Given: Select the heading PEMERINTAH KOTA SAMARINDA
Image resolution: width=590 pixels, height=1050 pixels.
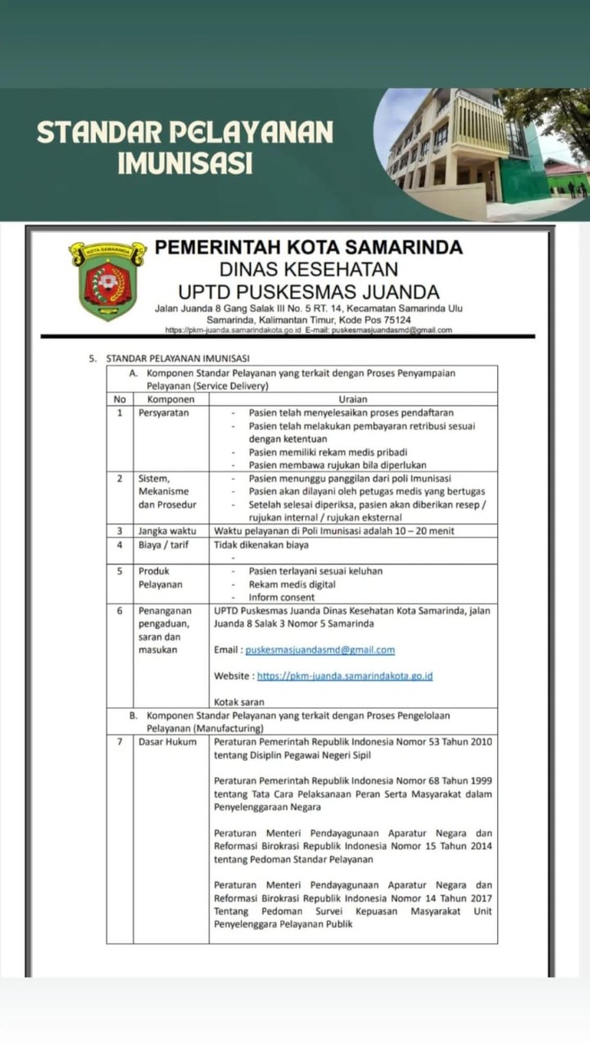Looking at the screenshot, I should (309, 247).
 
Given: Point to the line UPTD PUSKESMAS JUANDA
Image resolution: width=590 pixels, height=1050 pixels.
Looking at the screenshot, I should (309, 291).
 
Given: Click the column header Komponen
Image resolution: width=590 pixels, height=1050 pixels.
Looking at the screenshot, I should (170, 398).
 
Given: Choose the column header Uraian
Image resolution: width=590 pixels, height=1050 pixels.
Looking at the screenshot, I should (352, 398).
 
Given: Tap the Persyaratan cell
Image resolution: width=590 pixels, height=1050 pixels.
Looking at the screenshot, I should (164, 413).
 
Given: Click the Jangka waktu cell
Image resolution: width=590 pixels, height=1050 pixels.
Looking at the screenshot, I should (166, 530).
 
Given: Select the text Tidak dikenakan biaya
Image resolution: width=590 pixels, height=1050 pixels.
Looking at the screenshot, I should (261, 543).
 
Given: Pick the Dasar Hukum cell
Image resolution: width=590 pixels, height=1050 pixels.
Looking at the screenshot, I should (168, 742).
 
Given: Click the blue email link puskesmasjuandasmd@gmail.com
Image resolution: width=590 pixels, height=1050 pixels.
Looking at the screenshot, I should (320, 650).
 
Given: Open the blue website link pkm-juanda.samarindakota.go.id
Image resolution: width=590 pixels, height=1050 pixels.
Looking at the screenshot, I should (345, 676).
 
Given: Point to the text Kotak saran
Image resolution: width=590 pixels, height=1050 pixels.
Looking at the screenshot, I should (239, 702).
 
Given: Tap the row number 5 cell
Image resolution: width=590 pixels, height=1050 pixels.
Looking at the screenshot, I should (120, 570).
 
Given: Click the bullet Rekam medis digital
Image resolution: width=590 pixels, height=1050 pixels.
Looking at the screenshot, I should (293, 584).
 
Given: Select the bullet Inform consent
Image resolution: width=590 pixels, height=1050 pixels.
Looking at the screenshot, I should (282, 598).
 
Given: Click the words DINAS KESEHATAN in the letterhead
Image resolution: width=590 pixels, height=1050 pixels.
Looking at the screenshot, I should (309, 269).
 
